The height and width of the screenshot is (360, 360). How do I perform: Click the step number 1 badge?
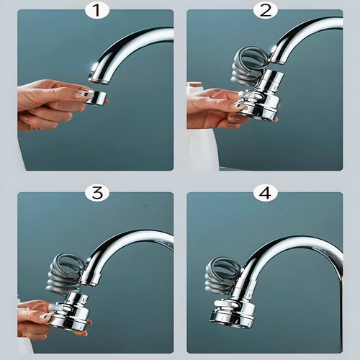[97, 10]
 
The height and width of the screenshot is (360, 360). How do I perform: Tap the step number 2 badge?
[265, 10]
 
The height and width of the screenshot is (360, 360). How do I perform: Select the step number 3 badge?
[97, 193]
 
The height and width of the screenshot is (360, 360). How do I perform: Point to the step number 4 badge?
[265, 193]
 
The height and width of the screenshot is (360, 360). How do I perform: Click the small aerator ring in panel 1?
[96, 96]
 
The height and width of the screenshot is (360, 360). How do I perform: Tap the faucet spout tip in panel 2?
[276, 60]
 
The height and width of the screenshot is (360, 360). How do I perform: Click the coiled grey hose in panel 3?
[65, 272]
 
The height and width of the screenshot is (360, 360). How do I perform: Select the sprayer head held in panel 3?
[70, 310]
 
